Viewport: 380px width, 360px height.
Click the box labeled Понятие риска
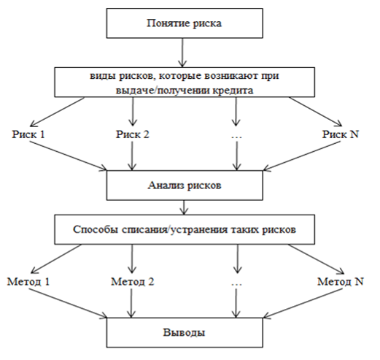pyautogui.click(x=185, y=23)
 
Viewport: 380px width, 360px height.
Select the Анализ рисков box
pyautogui.click(x=185, y=185)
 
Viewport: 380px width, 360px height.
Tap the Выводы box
pyautogui.click(x=185, y=332)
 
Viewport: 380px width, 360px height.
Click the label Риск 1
pyautogui.click(x=28, y=134)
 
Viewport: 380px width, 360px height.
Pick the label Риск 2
pyautogui.click(x=132, y=134)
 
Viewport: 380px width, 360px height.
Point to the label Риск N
pyautogui.click(x=341, y=134)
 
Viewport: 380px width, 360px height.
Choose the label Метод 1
pyautogui.click(x=28, y=282)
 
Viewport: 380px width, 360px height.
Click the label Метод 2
pyautogui.click(x=133, y=282)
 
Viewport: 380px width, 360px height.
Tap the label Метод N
pyautogui.click(x=341, y=282)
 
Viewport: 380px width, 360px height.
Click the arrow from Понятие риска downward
pyautogui.click(x=182, y=53)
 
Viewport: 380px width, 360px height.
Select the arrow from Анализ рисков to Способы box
pyautogui.click(x=184, y=207)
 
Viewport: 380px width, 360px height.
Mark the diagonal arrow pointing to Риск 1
pyautogui.click(x=58, y=112)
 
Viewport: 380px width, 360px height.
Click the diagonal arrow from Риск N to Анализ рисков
pyautogui.click(x=302, y=156)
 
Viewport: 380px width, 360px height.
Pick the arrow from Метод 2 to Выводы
pyautogui.click(x=131, y=303)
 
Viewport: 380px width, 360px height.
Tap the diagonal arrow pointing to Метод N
pyautogui.click(x=317, y=259)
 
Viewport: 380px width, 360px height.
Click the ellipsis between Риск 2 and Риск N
pyautogui.click(x=236, y=137)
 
